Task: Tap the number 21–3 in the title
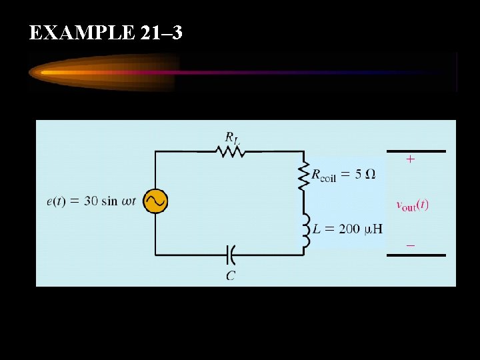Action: pos(162,33)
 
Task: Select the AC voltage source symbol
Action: pos(156,201)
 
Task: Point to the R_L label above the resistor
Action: pos(232,137)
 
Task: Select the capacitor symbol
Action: pos(231,254)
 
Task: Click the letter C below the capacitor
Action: pos(230,275)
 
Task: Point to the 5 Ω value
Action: pos(365,175)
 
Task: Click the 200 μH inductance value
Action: pos(361,229)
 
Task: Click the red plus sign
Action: pos(410,160)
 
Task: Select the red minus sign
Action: pos(410,245)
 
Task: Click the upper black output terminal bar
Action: pos(416,151)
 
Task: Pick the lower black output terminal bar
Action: pos(416,255)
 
